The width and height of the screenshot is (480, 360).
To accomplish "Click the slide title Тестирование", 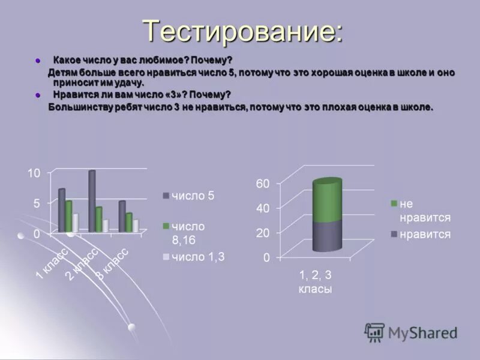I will pyautogui.click(x=243, y=31).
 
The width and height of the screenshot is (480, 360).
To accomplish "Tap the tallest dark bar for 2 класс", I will pyautogui.click(x=92, y=201).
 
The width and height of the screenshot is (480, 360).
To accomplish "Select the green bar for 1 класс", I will pyautogui.click(x=69, y=216).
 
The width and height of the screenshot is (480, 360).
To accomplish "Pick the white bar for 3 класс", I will pyautogui.click(x=136, y=225).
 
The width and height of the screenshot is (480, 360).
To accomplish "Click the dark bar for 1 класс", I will pyautogui.click(x=61, y=210).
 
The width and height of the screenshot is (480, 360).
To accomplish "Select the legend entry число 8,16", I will pyautogui.click(x=189, y=233).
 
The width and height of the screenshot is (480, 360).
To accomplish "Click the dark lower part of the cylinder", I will pyautogui.click(x=327, y=236).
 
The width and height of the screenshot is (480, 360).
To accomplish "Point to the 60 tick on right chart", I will pyautogui.click(x=263, y=183).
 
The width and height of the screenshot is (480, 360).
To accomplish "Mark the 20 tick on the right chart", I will pyautogui.click(x=263, y=233).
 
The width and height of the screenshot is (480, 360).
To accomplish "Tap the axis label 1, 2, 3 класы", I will pyautogui.click(x=316, y=281).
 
